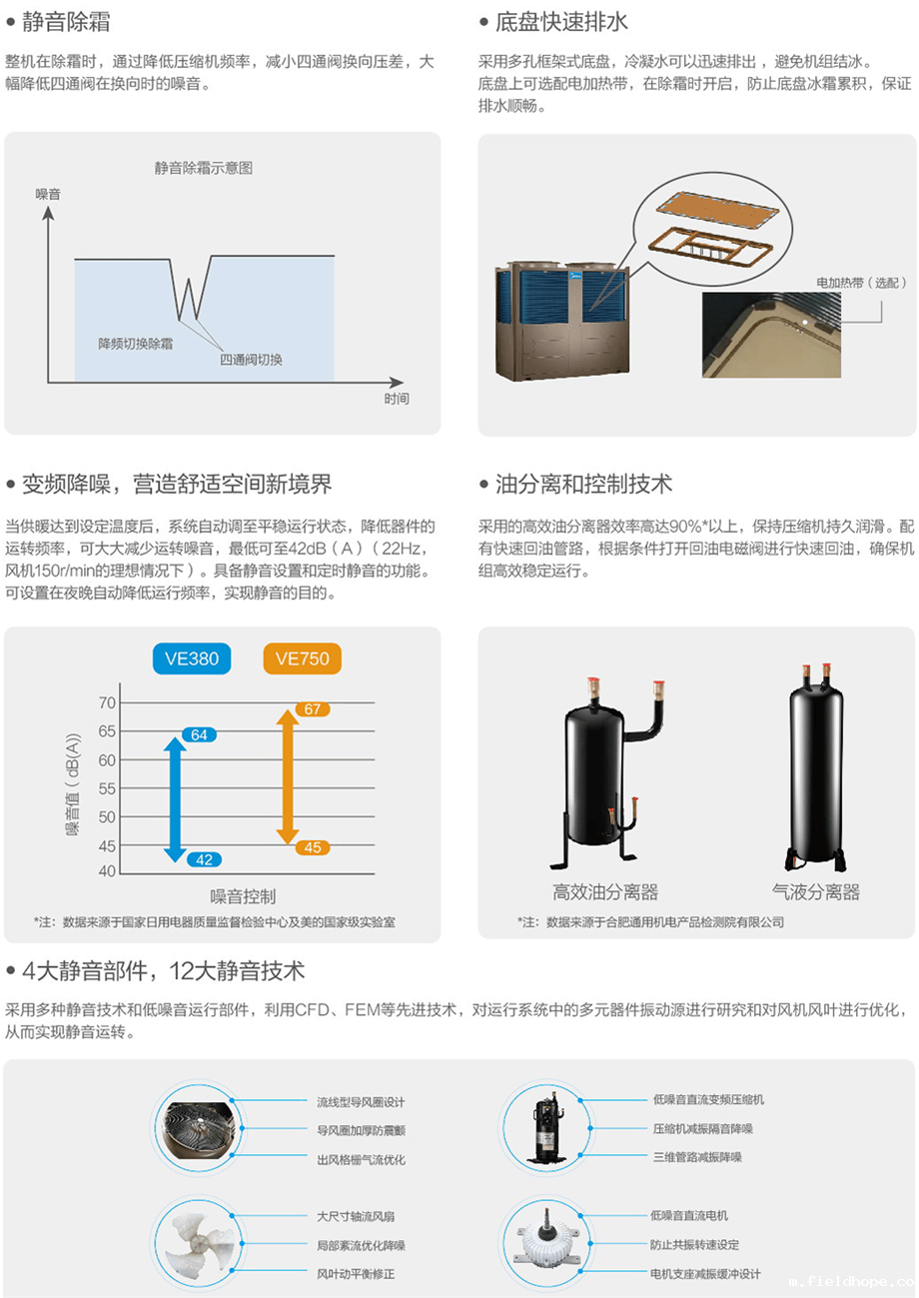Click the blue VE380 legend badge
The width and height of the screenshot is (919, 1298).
192,658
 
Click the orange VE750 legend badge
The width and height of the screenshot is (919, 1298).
302,658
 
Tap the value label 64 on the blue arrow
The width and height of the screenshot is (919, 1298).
200,734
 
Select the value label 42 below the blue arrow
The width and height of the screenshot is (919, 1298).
204,859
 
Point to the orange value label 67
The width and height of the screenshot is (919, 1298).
313,708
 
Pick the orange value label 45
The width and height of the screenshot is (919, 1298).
313,847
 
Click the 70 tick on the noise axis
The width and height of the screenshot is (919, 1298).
107,702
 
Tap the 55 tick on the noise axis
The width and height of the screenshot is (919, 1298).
107,788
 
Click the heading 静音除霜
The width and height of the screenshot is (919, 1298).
66,22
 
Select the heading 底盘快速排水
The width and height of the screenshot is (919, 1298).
561,22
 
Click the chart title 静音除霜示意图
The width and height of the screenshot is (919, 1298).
204,168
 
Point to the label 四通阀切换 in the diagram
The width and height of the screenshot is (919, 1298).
251,360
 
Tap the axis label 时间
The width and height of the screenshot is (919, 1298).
397,399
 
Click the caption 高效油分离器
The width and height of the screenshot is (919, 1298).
605,891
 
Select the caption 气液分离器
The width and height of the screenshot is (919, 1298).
816,891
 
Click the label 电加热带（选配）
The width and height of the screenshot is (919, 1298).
861,283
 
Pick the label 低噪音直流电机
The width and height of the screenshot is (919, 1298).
689,1215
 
